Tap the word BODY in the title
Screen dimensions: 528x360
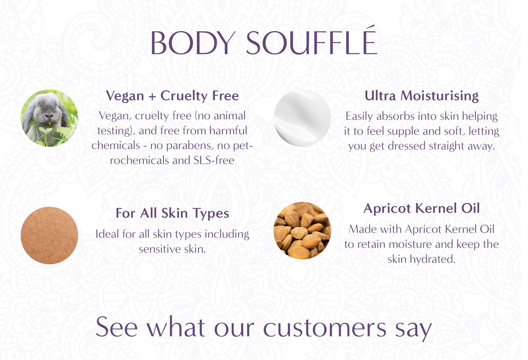coord(192,43)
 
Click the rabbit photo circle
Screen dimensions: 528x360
coord(50,118)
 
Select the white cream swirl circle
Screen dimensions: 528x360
coord(302,118)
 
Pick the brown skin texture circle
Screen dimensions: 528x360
coord(50,235)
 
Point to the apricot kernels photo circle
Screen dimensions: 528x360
coord(302,230)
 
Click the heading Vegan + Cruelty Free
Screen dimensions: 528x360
coord(172,96)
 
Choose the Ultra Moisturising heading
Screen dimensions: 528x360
coord(422,96)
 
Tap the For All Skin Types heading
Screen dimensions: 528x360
coord(172,213)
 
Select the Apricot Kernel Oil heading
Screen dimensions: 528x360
coord(422,208)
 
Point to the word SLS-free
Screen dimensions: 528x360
coord(214,160)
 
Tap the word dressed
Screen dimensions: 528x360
coord(409,146)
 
